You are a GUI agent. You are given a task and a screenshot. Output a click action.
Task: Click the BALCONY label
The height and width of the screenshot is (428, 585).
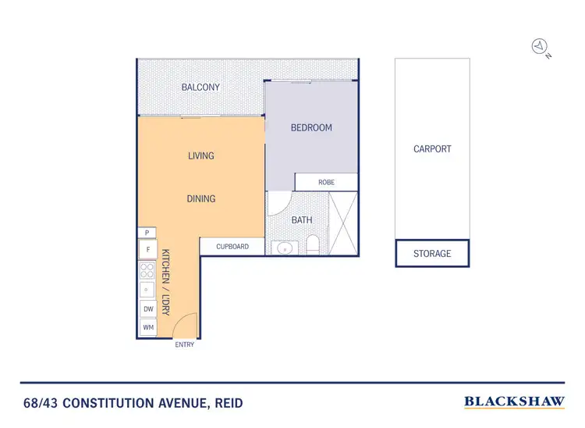point(200,87)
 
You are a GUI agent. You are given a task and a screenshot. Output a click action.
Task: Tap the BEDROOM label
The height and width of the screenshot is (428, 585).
point(311,127)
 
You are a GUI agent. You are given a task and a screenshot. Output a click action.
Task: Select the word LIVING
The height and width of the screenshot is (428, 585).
point(200,155)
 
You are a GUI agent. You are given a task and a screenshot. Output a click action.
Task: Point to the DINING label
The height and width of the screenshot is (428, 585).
point(200,198)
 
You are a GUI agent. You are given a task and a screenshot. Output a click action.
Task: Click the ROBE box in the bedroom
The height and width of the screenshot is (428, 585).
point(326,182)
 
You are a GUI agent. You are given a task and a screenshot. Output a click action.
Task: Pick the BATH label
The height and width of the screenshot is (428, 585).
point(302,220)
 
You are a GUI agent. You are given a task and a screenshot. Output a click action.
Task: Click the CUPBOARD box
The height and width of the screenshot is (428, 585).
point(232,247)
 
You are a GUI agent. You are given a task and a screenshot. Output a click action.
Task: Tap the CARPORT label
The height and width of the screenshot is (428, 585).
point(432,148)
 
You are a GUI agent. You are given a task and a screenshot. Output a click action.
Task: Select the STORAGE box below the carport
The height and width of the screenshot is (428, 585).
point(432,254)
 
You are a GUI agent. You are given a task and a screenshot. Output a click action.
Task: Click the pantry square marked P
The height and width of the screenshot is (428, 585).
point(147,233)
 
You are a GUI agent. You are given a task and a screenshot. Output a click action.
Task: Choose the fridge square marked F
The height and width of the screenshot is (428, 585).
point(147,250)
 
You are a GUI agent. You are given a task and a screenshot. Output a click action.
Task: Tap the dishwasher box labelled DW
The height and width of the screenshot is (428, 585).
point(147,309)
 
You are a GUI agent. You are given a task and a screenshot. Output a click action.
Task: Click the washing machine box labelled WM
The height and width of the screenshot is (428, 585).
point(147,328)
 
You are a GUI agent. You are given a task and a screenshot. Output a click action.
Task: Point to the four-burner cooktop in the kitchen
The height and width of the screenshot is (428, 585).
point(147,270)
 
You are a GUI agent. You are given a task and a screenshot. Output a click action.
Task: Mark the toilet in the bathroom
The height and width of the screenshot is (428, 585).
point(313,245)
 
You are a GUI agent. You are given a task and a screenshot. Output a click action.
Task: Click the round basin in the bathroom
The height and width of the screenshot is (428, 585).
point(285,248)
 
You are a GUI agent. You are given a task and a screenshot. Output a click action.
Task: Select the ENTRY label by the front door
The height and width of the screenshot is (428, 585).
point(185,344)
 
